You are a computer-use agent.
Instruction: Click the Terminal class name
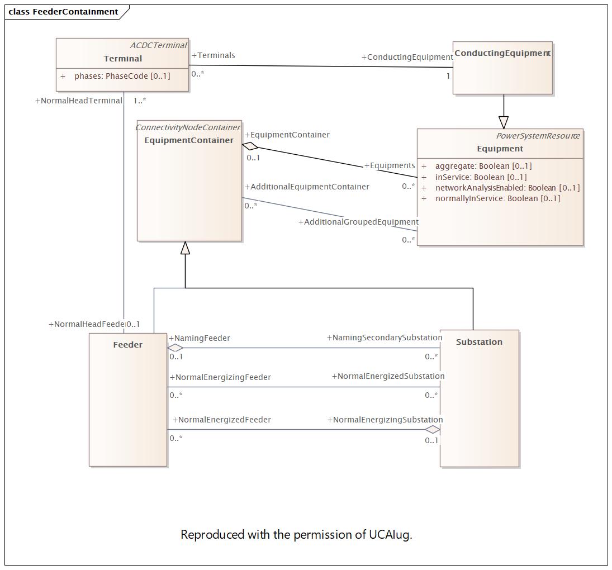122,59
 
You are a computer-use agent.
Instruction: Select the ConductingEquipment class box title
502,53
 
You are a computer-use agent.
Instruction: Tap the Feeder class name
127,344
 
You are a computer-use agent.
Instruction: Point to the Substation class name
479,342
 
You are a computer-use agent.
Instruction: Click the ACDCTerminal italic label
159,45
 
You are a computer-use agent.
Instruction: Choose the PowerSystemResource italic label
538,136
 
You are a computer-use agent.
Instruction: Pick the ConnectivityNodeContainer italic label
188,127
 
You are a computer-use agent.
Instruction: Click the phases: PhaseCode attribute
122,76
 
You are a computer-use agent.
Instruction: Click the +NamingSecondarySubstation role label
385,338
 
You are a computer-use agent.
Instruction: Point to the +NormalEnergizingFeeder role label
220,377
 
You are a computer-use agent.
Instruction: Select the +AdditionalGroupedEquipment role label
358,222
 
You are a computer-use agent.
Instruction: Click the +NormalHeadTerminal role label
78,101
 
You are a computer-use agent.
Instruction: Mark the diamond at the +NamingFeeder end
175,348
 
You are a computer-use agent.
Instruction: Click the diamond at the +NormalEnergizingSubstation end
433,430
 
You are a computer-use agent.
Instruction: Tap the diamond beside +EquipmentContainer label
250,146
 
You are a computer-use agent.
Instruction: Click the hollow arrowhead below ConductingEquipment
504,122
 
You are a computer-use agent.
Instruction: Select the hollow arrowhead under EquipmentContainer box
185,248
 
